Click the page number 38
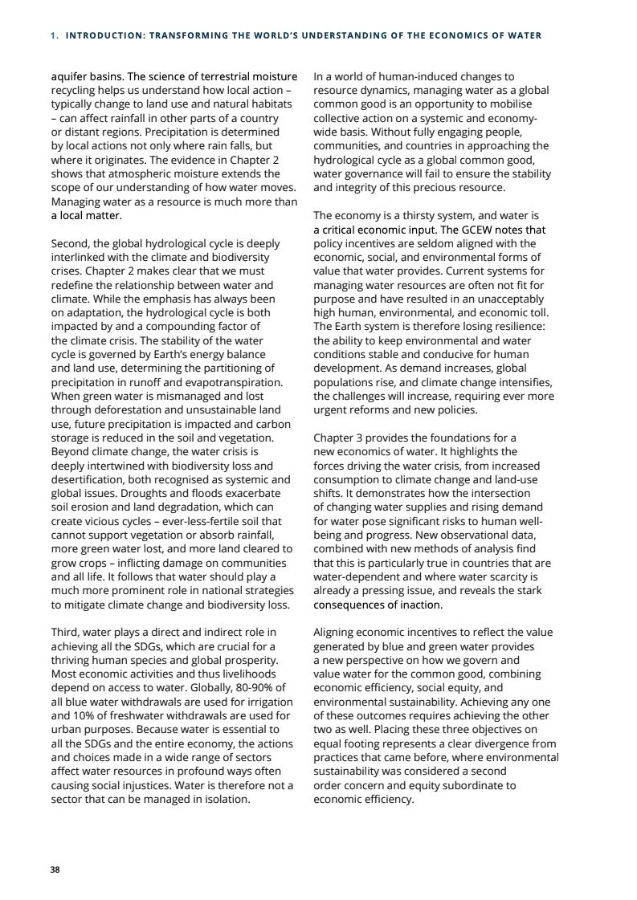click(x=55, y=869)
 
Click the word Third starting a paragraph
click(x=66, y=633)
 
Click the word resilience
click(x=520, y=327)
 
